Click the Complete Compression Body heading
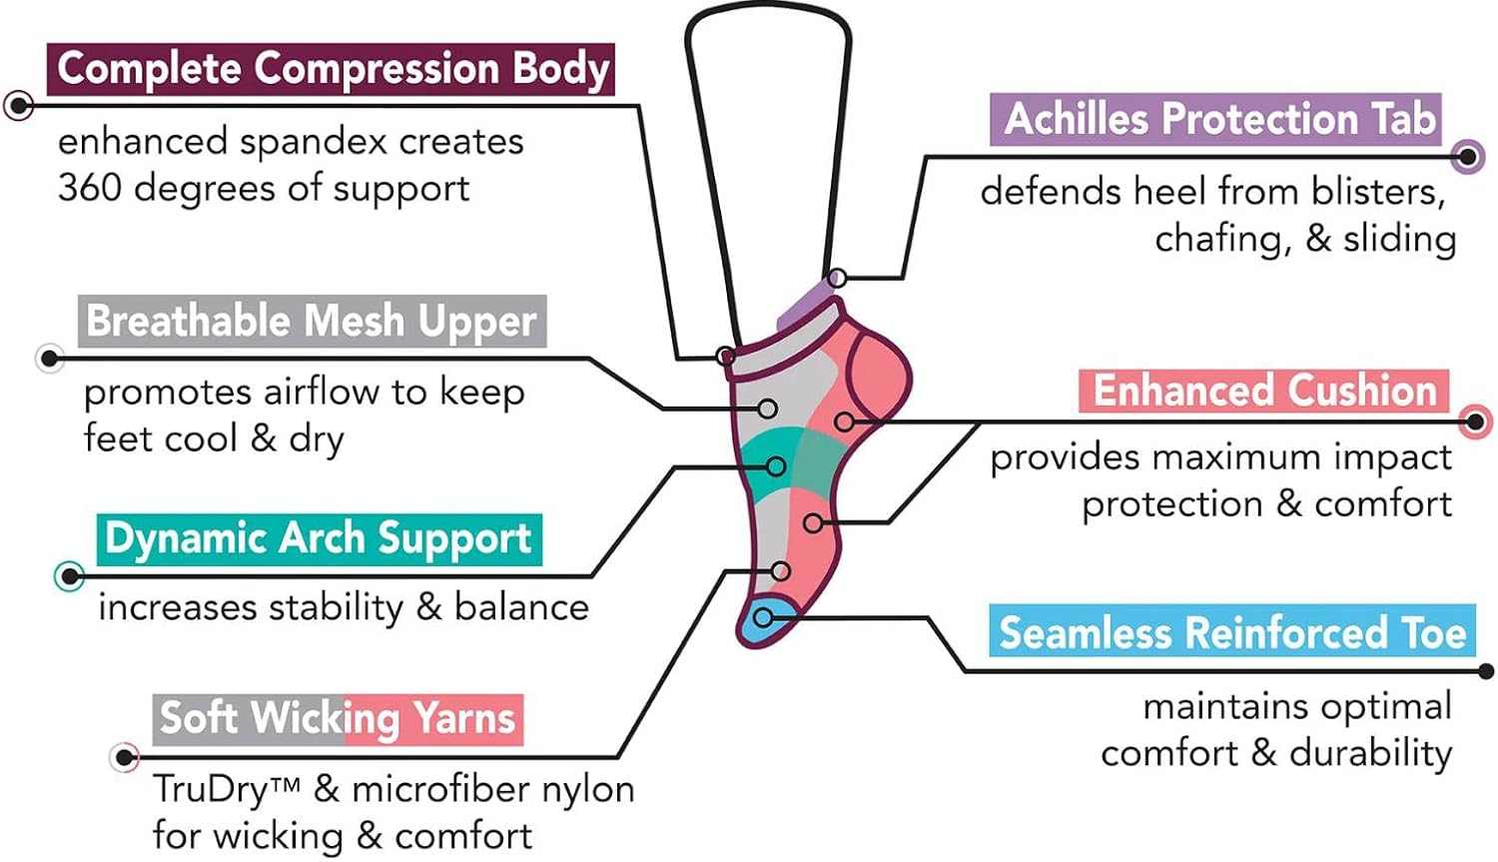click(332, 69)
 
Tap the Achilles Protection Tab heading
click(1218, 119)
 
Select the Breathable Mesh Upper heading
click(312, 322)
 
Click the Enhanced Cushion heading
click(1264, 391)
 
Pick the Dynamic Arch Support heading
click(319, 538)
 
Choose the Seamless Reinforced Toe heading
click(1232, 633)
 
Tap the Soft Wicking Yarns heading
click(338, 718)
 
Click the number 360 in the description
click(90, 188)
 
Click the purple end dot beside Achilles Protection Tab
click(1467, 156)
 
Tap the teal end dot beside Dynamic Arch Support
click(69, 576)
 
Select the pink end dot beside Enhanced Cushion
click(1475, 422)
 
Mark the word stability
click(337, 607)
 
